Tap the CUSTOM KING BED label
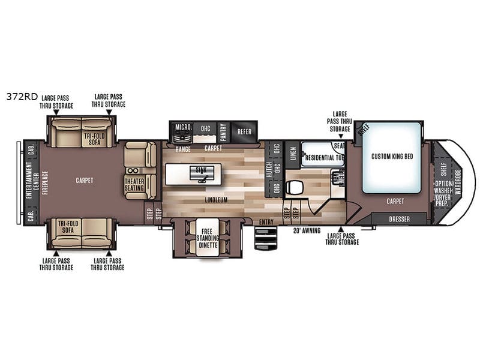(392, 156)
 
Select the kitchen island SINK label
(200, 170)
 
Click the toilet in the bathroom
(294, 187)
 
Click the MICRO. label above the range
(182, 127)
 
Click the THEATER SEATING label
(136, 184)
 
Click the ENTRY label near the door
(266, 222)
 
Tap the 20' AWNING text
(305, 230)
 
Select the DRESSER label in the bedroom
(399, 219)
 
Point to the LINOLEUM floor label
(215, 200)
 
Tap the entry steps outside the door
(263, 238)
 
